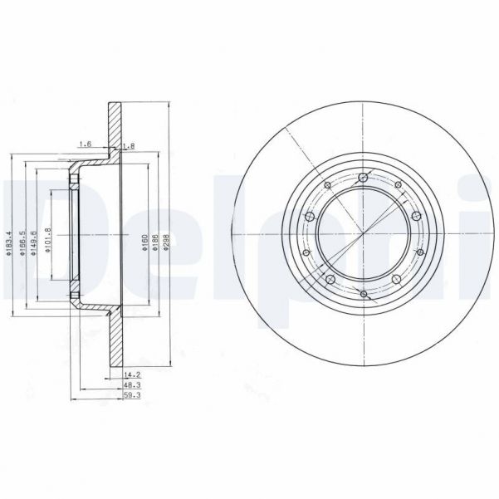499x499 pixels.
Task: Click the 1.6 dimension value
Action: click(x=84, y=145)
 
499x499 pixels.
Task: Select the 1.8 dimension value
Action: click(x=127, y=146)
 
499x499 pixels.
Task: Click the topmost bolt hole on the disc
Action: click(x=364, y=176)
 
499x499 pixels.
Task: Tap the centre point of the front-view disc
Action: click(x=364, y=235)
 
